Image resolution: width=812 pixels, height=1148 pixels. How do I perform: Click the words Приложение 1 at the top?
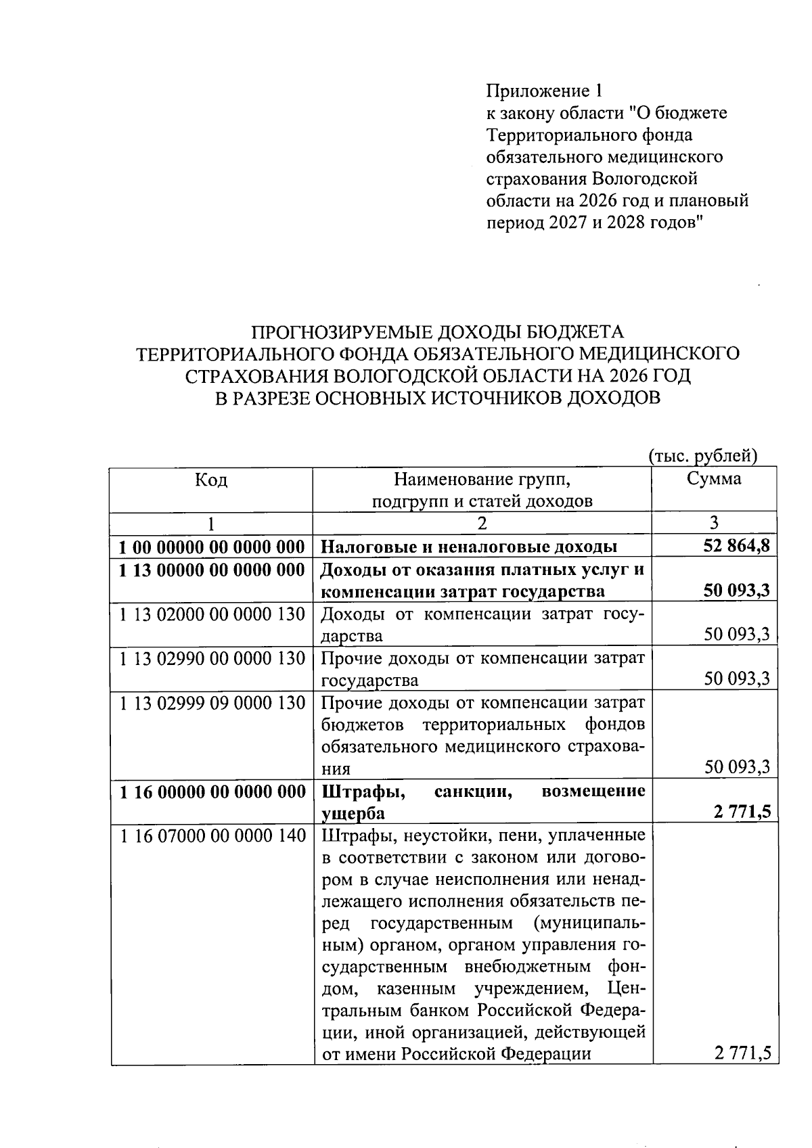click(x=543, y=91)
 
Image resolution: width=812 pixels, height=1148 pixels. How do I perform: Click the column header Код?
click(x=211, y=480)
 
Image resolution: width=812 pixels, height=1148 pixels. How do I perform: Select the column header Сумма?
click(x=714, y=479)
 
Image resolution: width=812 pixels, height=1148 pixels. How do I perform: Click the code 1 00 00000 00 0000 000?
click(x=212, y=546)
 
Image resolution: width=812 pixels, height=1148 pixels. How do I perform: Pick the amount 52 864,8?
click(x=737, y=546)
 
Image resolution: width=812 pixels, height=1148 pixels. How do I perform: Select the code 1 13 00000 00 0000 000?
click(x=212, y=570)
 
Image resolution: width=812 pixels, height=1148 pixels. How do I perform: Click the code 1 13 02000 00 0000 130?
click(x=212, y=614)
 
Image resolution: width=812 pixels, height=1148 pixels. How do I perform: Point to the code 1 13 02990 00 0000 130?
click(x=212, y=658)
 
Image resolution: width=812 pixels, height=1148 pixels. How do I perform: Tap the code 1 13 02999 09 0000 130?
click(x=212, y=703)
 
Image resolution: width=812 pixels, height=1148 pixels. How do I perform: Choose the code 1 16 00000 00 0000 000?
click(x=212, y=791)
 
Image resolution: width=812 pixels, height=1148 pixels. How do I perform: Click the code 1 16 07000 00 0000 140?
click(x=212, y=836)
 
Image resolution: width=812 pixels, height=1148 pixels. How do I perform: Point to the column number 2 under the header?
click(x=482, y=523)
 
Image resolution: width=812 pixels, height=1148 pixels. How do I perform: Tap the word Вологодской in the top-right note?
click(x=644, y=179)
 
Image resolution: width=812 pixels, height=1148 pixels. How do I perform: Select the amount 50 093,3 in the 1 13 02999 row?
click(x=737, y=766)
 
